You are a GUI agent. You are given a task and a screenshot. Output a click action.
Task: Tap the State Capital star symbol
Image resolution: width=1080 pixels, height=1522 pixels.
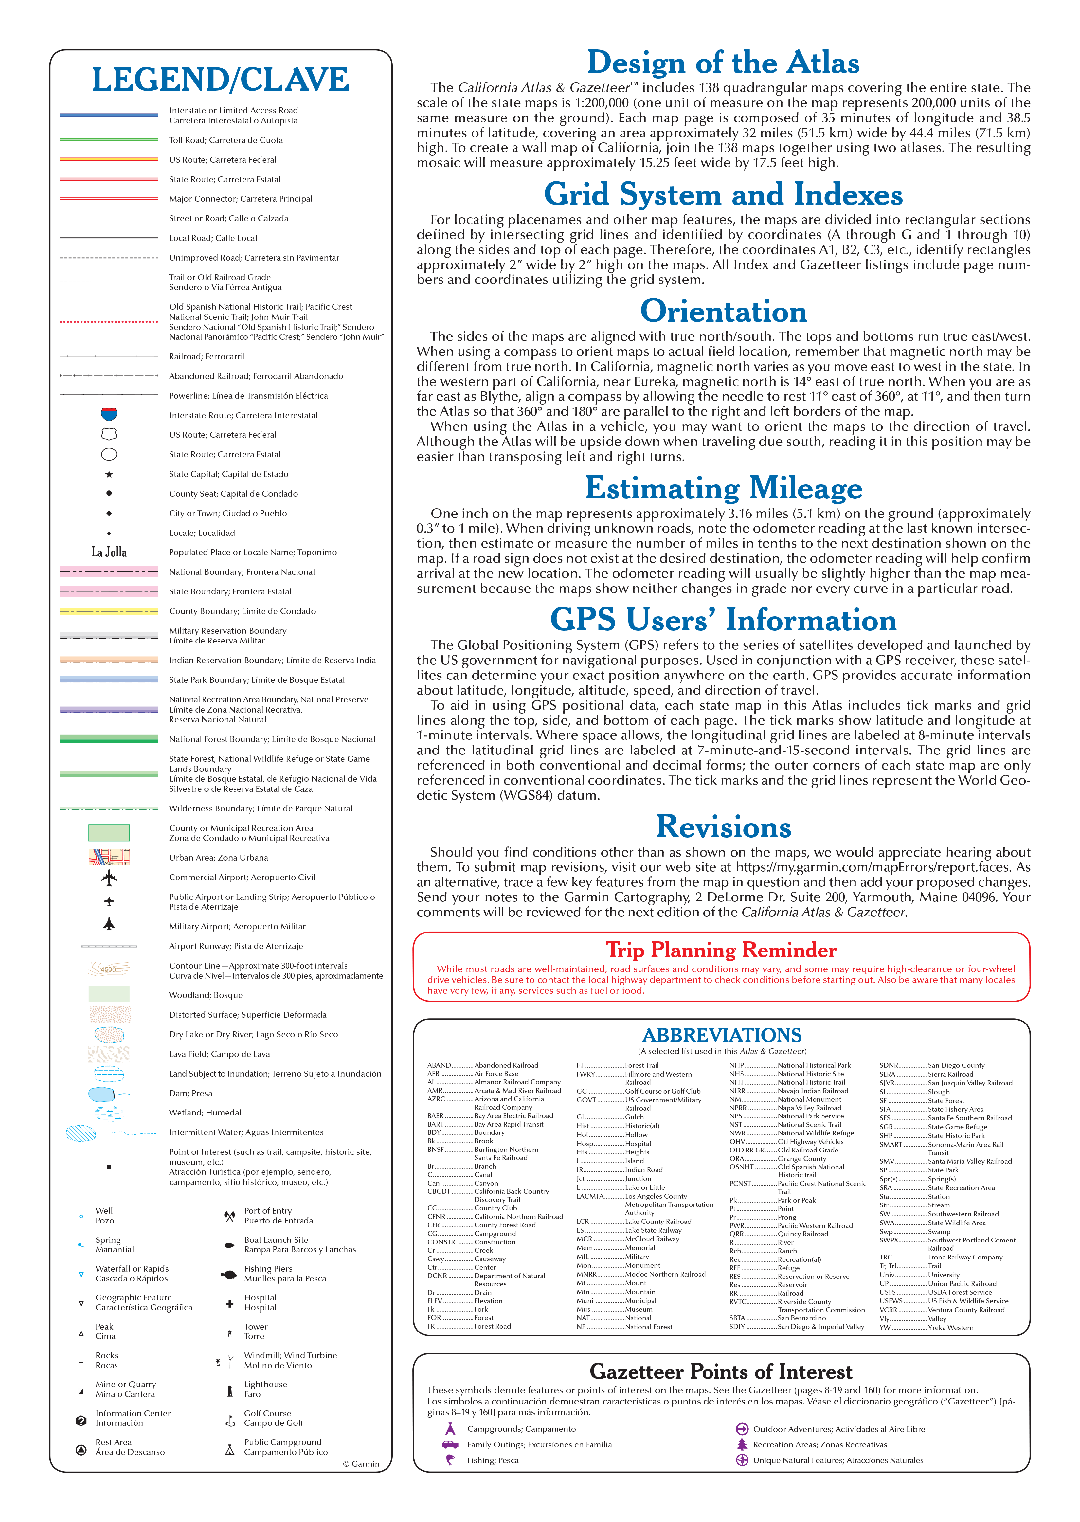109,474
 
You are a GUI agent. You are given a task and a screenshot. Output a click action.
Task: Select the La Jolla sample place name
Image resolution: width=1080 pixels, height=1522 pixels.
109,552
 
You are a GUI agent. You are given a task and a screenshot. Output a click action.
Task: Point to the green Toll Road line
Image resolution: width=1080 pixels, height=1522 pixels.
109,140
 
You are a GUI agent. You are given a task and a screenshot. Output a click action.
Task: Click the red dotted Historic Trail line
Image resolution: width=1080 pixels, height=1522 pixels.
109,322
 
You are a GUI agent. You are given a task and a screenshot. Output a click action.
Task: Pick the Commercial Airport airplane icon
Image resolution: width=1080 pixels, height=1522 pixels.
109,878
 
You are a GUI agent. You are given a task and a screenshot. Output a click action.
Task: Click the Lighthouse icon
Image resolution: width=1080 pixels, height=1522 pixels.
229,1390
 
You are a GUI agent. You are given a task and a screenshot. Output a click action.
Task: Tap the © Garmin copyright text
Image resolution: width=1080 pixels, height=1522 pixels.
361,1463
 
